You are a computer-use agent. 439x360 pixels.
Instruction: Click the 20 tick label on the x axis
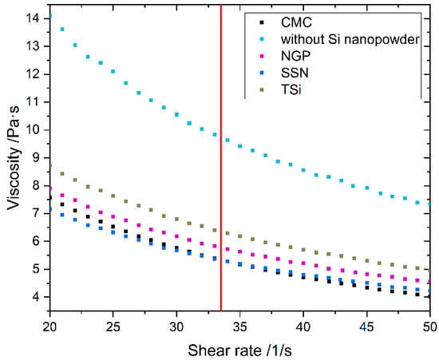50,326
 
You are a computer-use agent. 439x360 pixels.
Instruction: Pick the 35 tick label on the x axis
240,326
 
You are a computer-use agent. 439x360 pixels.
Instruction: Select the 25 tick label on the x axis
113,326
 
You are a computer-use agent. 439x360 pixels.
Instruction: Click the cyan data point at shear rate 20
50,15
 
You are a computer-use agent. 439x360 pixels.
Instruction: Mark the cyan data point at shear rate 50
429,204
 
